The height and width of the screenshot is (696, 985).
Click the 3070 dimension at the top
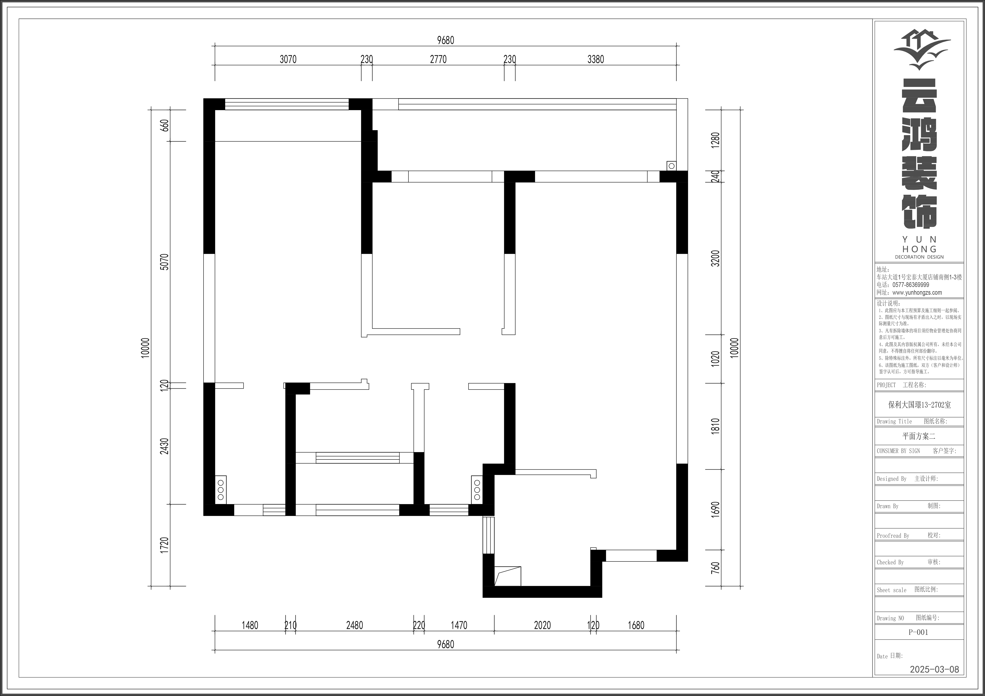coord(288,59)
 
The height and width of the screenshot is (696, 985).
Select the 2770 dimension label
coord(438,59)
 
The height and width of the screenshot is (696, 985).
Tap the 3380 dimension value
coord(595,59)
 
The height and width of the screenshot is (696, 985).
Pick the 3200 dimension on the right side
coord(715,259)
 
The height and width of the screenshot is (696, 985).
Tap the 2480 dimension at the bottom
coord(354,625)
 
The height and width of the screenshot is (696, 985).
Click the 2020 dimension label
coord(542,625)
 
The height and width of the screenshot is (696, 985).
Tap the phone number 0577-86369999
coord(911,285)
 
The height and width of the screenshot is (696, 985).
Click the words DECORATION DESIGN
coord(919,257)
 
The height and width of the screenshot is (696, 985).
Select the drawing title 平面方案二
coord(918,436)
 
